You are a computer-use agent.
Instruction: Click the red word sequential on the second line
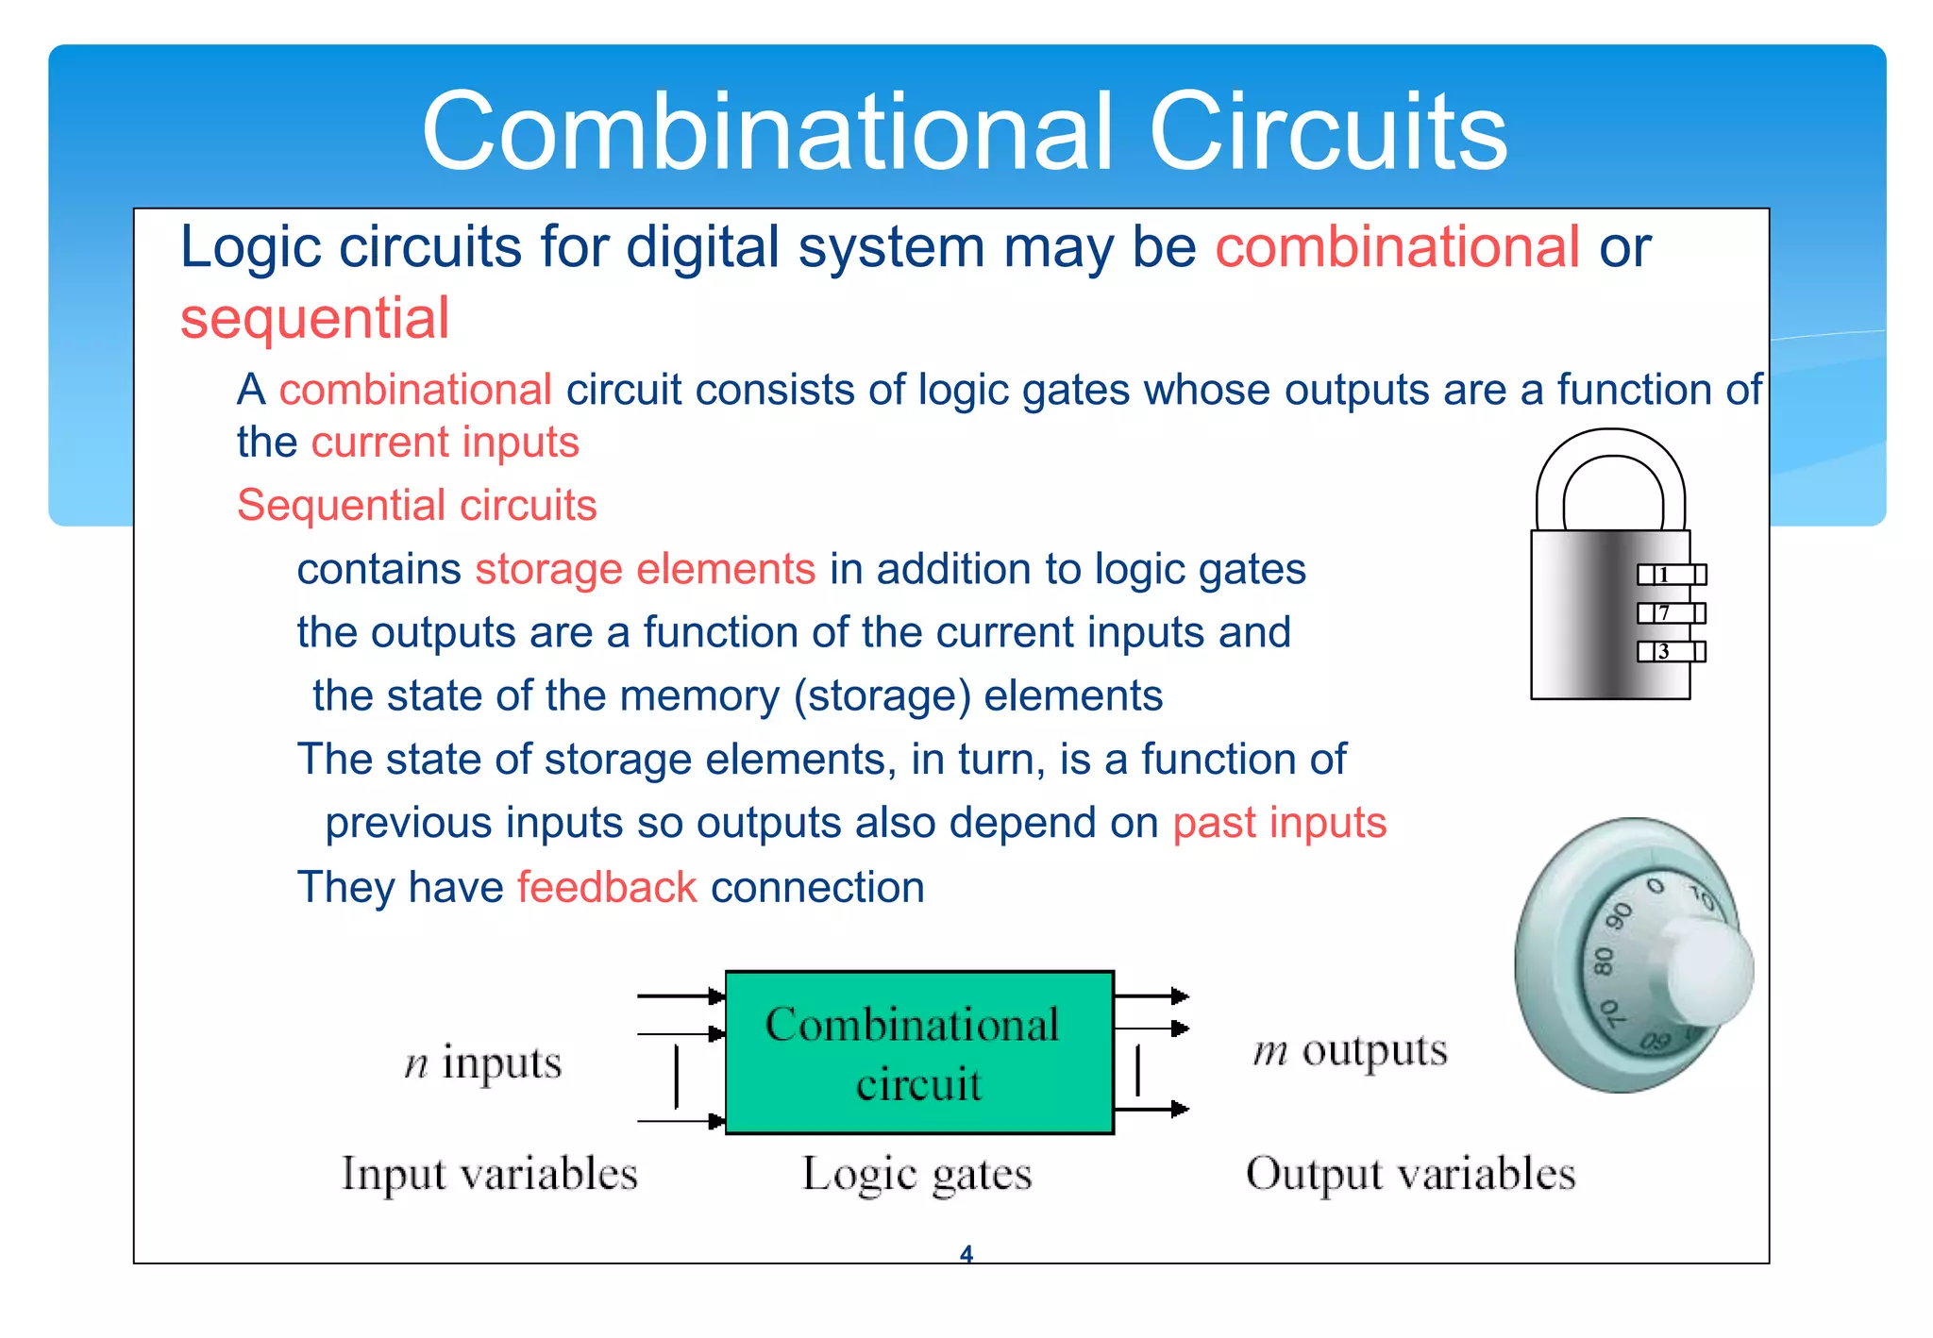coord(314,318)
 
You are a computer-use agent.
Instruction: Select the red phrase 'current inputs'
coord(445,443)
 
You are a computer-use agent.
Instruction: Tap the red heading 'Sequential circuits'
coord(416,506)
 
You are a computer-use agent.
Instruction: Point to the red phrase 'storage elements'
coord(645,569)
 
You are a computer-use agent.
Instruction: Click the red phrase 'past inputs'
coord(1279,823)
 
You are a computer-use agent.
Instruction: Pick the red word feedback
coord(607,888)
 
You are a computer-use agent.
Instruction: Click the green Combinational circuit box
coord(918,1052)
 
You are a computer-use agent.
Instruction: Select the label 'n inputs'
coord(482,1063)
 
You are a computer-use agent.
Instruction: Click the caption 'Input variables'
coord(489,1174)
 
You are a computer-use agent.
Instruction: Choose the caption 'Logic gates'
coord(916,1175)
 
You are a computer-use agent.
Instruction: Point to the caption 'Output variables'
coord(1410,1174)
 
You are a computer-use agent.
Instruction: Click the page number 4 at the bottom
coord(966,1254)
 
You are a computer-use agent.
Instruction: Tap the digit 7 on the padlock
coord(1665,613)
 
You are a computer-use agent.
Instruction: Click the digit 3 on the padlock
coord(1664,652)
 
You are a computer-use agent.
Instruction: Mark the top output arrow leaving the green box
coord(1151,995)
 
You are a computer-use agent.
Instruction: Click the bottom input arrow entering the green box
coord(681,1121)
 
